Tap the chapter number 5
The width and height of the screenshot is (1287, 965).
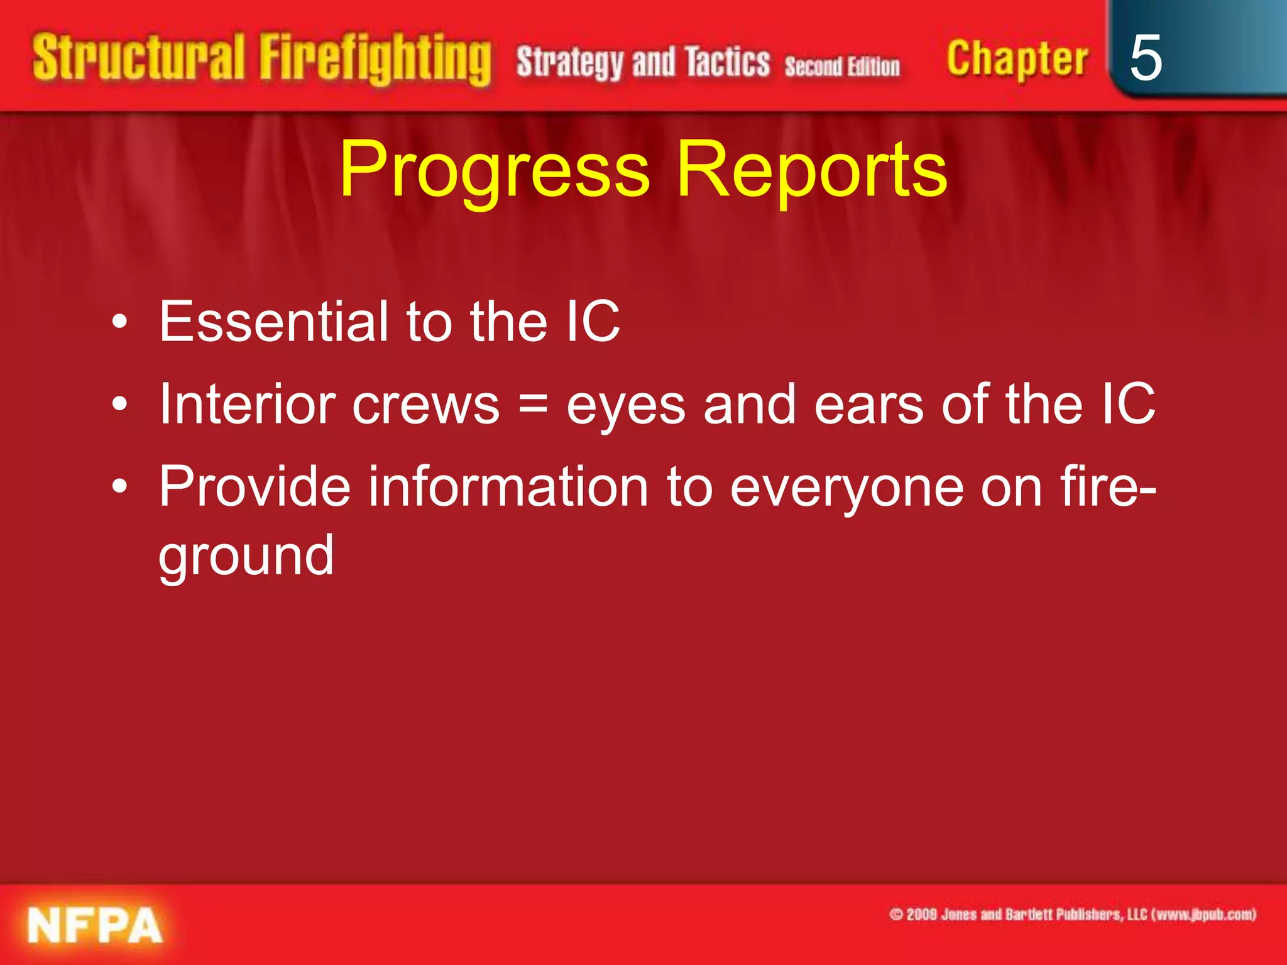(x=1145, y=58)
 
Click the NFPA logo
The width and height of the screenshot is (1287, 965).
(x=94, y=925)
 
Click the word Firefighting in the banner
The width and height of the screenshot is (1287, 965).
(x=375, y=60)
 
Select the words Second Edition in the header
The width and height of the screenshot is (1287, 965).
(x=841, y=66)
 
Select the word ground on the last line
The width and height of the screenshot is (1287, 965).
(x=246, y=556)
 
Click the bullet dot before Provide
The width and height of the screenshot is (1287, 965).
(x=119, y=487)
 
